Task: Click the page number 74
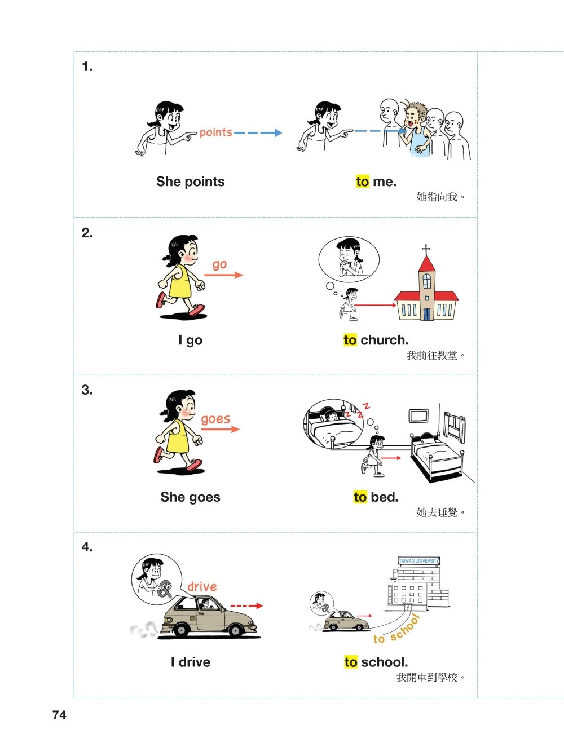coord(59,715)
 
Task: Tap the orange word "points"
coord(215,132)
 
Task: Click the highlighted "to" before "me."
coord(363,182)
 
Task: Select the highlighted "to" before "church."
coord(350,340)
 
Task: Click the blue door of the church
coord(427,314)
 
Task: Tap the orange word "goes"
coord(215,419)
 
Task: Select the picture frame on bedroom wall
coord(418,415)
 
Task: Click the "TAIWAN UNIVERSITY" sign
coord(418,561)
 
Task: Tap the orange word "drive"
coord(202,586)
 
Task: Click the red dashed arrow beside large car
coord(246,605)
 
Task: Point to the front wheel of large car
coord(236,631)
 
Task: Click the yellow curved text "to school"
coord(397,629)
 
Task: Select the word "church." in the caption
coord(385,341)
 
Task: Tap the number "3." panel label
coord(87,390)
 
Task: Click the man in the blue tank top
coord(417,129)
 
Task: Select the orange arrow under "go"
coord(223,275)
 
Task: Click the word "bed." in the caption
coord(385,497)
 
